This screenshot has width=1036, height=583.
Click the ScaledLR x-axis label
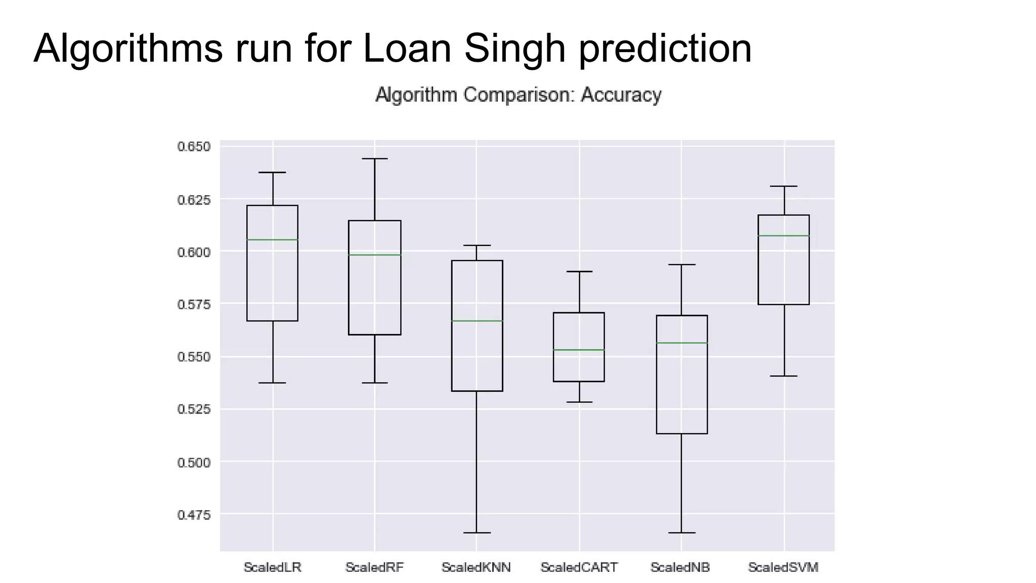click(272, 567)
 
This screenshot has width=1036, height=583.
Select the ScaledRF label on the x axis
click(374, 567)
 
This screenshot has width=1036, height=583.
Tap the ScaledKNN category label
click(476, 567)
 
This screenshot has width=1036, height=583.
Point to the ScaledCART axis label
click(579, 567)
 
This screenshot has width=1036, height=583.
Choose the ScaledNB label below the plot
click(680, 567)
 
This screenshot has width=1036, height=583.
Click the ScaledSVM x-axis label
click(783, 567)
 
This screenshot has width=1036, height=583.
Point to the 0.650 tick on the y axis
click(193, 147)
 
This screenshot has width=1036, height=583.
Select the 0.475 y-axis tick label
click(193, 515)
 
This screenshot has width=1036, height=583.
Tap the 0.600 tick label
click(193, 252)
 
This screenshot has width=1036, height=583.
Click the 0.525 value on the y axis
click(193, 409)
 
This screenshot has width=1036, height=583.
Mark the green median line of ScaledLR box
click(272, 239)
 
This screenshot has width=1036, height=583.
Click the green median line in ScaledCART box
click(579, 350)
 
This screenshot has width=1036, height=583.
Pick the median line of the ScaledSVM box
click(784, 236)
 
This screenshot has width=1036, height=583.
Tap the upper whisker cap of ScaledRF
click(375, 159)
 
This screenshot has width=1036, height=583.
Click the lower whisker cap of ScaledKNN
click(477, 532)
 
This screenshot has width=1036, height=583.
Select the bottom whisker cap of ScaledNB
click(681, 532)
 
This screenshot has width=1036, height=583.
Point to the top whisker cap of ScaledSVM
click(784, 186)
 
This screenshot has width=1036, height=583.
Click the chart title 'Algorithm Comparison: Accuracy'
click(518, 95)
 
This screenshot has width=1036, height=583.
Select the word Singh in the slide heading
click(514, 49)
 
